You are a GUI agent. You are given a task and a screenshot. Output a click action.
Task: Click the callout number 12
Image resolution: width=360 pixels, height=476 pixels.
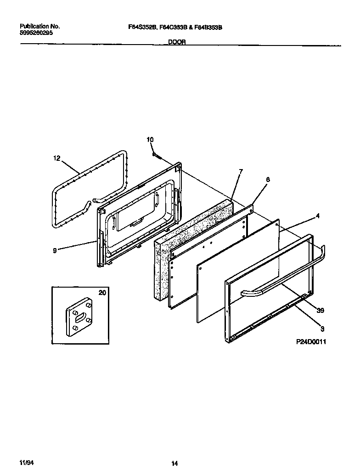[56, 158]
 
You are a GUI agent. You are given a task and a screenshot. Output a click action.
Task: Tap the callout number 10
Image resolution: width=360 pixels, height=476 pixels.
[150, 140]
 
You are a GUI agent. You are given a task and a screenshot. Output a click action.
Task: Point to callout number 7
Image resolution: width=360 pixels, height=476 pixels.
[241, 171]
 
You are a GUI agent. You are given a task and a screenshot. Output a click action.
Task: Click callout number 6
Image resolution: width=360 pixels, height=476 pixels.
[268, 180]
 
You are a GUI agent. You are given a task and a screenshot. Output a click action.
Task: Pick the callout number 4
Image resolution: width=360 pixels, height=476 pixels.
[317, 215]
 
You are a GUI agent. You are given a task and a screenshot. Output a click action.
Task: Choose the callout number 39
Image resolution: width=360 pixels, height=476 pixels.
[320, 311]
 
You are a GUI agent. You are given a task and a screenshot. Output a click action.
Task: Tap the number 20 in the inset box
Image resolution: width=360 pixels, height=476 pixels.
[102, 292]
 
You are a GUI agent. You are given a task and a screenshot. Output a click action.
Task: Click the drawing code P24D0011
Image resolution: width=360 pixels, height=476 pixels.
[311, 342]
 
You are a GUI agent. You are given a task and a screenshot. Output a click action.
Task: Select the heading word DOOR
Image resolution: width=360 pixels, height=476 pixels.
[177, 41]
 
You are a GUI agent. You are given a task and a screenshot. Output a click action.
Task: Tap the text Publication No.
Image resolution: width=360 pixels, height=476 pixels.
[40, 27]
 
